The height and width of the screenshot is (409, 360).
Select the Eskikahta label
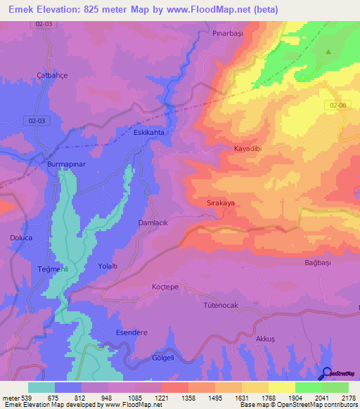coord(148,132)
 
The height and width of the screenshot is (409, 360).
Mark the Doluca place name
coord(21,238)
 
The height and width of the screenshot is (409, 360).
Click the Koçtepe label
coord(167,287)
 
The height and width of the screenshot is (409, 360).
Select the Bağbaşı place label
coord(317,262)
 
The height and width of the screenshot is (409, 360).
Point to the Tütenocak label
coord(222,306)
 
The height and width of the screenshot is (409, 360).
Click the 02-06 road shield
coord(337,105)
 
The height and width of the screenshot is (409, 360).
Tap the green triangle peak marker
coord(328,52)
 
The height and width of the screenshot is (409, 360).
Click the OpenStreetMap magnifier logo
coord(326,373)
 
